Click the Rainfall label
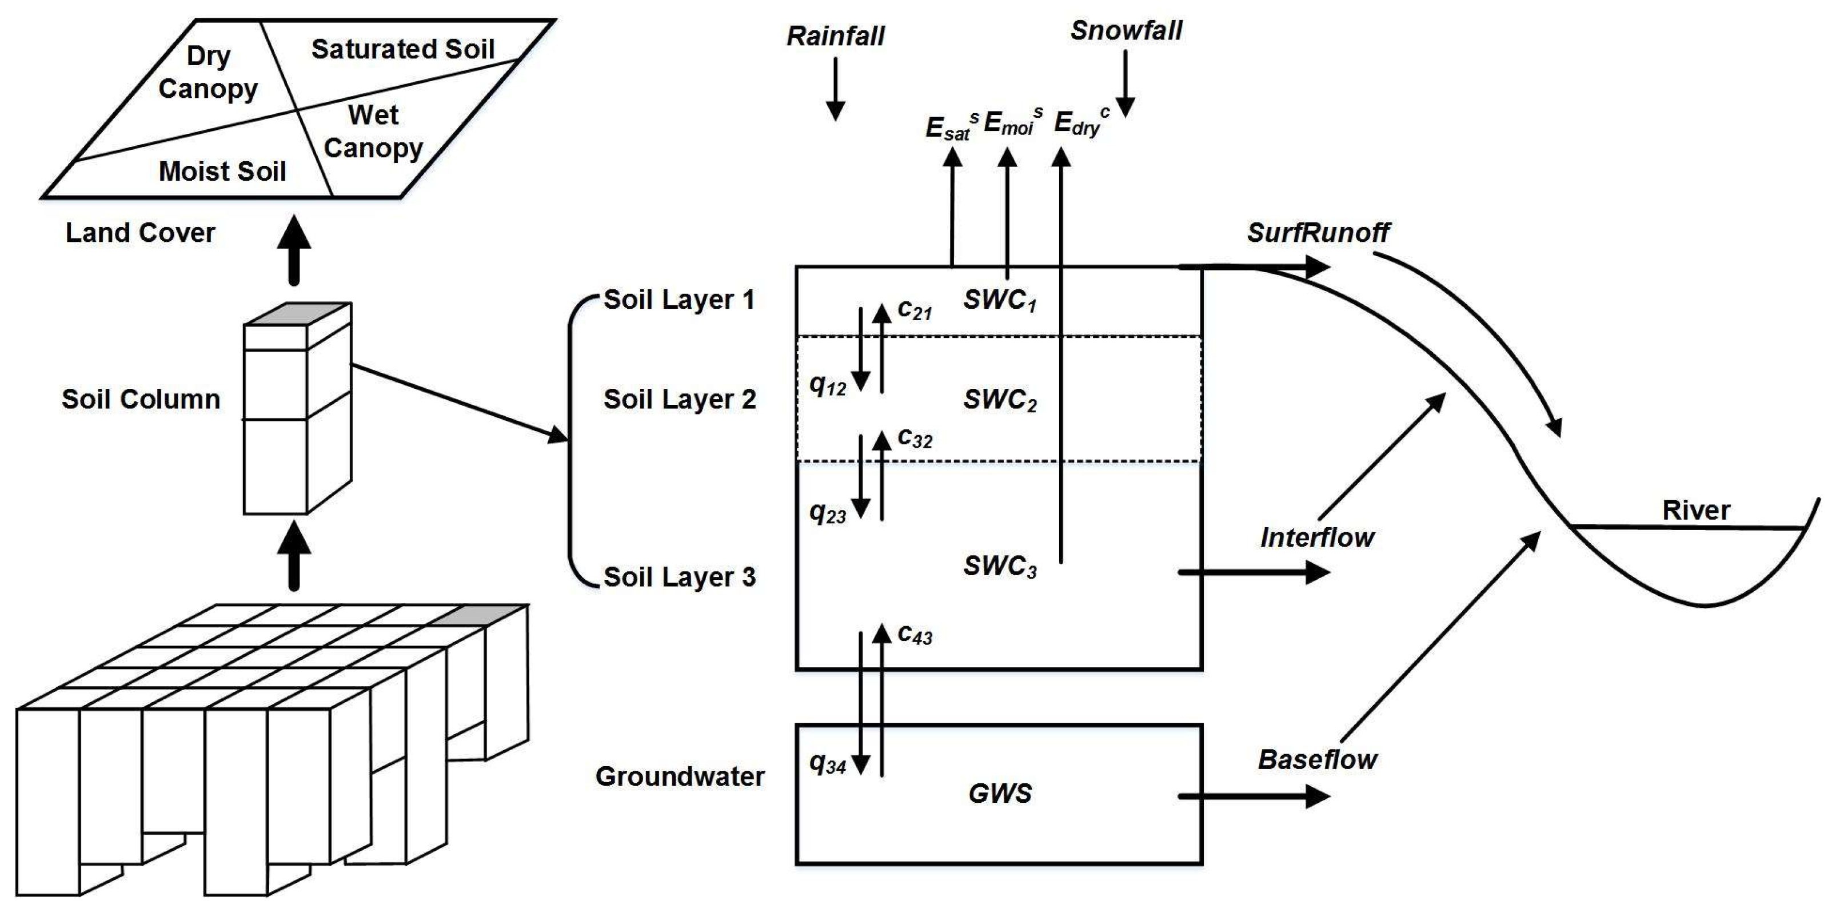tap(835, 35)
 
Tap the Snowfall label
tap(1125, 31)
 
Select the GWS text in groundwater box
tap(999, 794)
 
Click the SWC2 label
tap(999, 400)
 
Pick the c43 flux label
tap(915, 634)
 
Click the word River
tap(1696, 510)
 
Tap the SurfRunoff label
tap(1318, 232)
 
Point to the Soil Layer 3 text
tap(679, 577)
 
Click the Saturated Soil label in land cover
tap(403, 49)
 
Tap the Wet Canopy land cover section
tap(373, 132)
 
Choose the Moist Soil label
tap(222, 172)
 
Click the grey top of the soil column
tap(298, 314)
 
